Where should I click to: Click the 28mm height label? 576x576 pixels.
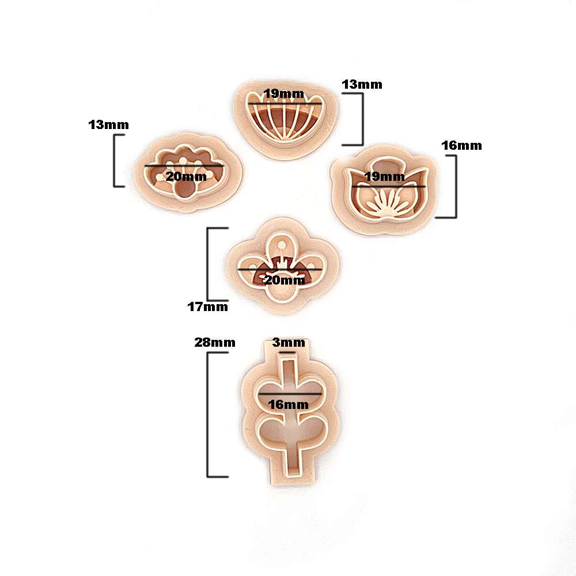(215, 342)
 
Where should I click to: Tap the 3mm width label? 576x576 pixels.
(289, 343)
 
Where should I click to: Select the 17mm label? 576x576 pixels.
(207, 307)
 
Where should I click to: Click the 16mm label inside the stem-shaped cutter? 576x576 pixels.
(289, 405)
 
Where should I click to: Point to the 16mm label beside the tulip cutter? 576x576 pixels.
(462, 146)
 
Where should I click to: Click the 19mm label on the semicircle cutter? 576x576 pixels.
(284, 94)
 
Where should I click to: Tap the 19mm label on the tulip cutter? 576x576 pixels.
(385, 177)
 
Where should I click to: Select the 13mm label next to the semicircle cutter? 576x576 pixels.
(362, 85)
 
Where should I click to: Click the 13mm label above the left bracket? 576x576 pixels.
(109, 125)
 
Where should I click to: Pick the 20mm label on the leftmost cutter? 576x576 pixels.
(186, 177)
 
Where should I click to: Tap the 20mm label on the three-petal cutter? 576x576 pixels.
(285, 281)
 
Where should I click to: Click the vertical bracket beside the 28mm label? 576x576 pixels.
(208, 415)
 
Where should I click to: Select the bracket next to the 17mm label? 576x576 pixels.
(208, 264)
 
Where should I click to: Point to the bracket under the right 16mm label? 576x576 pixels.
(456, 187)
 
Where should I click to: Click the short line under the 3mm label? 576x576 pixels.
(287, 353)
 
